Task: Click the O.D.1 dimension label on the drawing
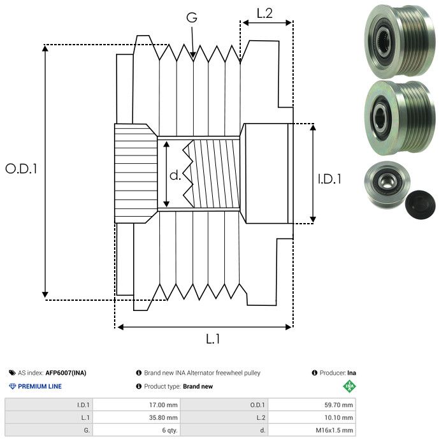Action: pyautogui.click(x=21, y=169)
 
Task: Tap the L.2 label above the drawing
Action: pyautogui.click(x=264, y=13)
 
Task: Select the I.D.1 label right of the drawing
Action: pyautogui.click(x=329, y=180)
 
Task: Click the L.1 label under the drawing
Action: pyautogui.click(x=212, y=339)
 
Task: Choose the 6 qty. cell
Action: pyautogui.click(x=168, y=431)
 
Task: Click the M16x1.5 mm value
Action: pyautogui.click(x=335, y=431)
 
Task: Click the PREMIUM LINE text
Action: pyautogui.click(x=40, y=386)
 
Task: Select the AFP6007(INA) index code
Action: pyautogui.click(x=66, y=373)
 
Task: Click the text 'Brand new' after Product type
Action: pyautogui.click(x=198, y=386)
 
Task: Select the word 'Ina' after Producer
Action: pyautogui.click(x=352, y=373)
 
